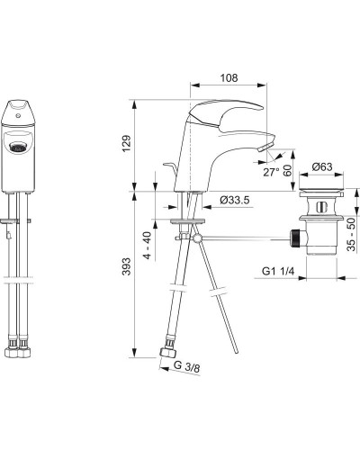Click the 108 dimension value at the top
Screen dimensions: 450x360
point(229,78)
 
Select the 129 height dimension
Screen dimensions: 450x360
point(127,143)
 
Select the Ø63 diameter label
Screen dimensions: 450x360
point(325,167)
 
